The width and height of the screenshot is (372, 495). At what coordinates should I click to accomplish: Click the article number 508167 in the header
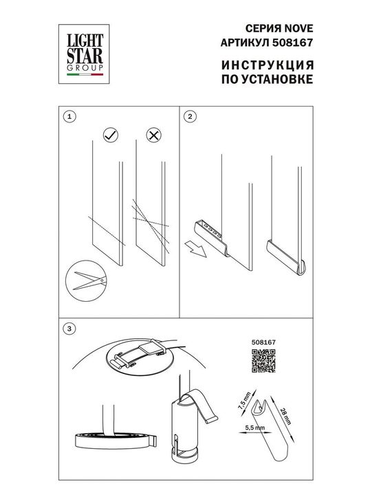[293, 42]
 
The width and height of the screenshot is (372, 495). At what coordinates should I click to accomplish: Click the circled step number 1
[67, 118]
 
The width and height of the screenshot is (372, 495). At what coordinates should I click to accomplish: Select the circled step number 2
[190, 118]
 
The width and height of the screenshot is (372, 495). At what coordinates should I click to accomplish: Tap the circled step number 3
[67, 329]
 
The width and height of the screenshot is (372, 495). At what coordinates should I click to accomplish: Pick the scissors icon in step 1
[85, 280]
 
